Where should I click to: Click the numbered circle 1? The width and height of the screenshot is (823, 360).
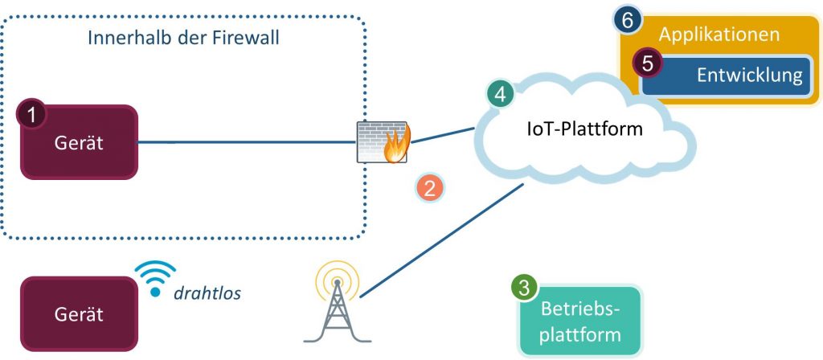[31, 115]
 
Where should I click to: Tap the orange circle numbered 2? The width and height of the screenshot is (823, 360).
[429, 188]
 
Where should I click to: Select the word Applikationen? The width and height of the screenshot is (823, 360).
[719, 35]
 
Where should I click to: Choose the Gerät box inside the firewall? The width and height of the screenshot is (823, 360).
[79, 143]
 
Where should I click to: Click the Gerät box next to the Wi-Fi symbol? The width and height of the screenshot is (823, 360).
[79, 314]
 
